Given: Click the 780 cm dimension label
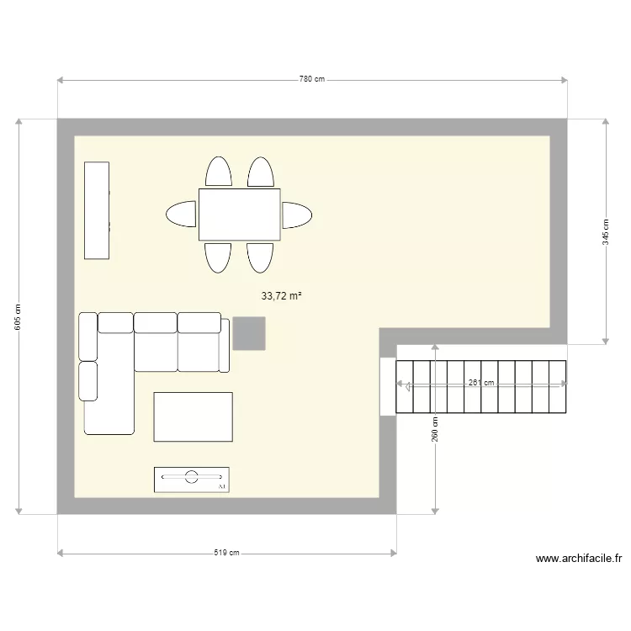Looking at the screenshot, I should (312, 79).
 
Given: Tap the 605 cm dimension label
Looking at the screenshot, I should (19, 316).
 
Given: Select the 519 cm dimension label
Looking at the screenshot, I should (227, 553).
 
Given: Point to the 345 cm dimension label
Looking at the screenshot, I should (605, 231).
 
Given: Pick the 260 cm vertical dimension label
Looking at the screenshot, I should (435, 429).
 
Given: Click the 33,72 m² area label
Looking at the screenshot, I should (282, 296).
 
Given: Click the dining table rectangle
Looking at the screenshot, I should (240, 215).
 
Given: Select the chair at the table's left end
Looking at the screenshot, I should (182, 215).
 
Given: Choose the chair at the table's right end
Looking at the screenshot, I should (296, 215).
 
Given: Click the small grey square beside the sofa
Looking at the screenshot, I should (249, 333).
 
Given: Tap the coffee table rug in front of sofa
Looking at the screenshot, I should (193, 416).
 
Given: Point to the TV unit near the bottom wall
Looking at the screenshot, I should (192, 479).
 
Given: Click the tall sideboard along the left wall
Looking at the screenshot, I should (97, 209).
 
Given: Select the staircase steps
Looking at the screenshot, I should (480, 387).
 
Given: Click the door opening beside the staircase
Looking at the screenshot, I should (387, 386).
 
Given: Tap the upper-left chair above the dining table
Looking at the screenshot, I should (220, 172).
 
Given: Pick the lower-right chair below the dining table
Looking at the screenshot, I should (260, 257).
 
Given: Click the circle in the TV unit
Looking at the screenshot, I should (192, 477).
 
